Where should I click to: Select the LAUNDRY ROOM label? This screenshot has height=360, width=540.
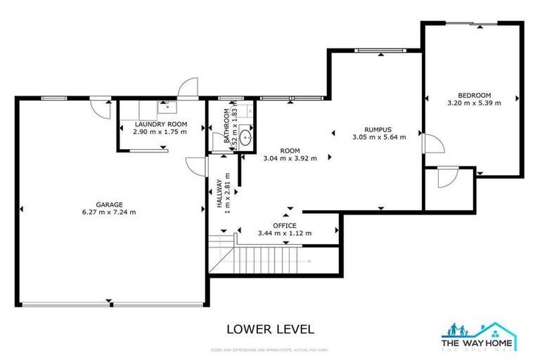point(160,124)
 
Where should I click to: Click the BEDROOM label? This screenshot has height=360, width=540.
point(474,96)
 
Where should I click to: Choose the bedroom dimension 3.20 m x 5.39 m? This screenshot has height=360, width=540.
point(474,103)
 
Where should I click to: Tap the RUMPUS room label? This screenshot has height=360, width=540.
point(379,129)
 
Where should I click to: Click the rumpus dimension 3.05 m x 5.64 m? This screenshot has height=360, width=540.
point(379,137)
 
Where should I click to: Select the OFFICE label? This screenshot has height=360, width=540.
point(285,225)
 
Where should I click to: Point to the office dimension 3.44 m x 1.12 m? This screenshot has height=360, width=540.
point(285,233)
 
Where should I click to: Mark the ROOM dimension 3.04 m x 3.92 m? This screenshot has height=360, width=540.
point(290,158)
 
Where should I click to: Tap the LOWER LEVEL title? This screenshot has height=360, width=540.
point(270,329)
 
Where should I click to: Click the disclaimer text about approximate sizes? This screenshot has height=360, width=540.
point(270,349)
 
